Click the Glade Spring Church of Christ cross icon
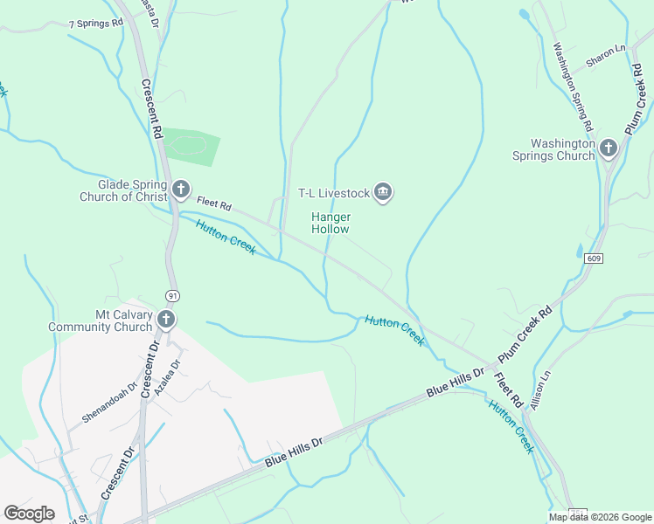[x=181, y=189]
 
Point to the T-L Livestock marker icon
[x=382, y=192]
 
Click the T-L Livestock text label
[x=334, y=193]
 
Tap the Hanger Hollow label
[x=330, y=223]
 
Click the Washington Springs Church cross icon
[x=609, y=149]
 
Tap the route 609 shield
[x=594, y=259]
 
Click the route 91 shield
[x=173, y=294]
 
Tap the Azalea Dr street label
[x=167, y=378]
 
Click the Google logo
[x=29, y=514]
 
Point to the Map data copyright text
[x=600, y=517]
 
